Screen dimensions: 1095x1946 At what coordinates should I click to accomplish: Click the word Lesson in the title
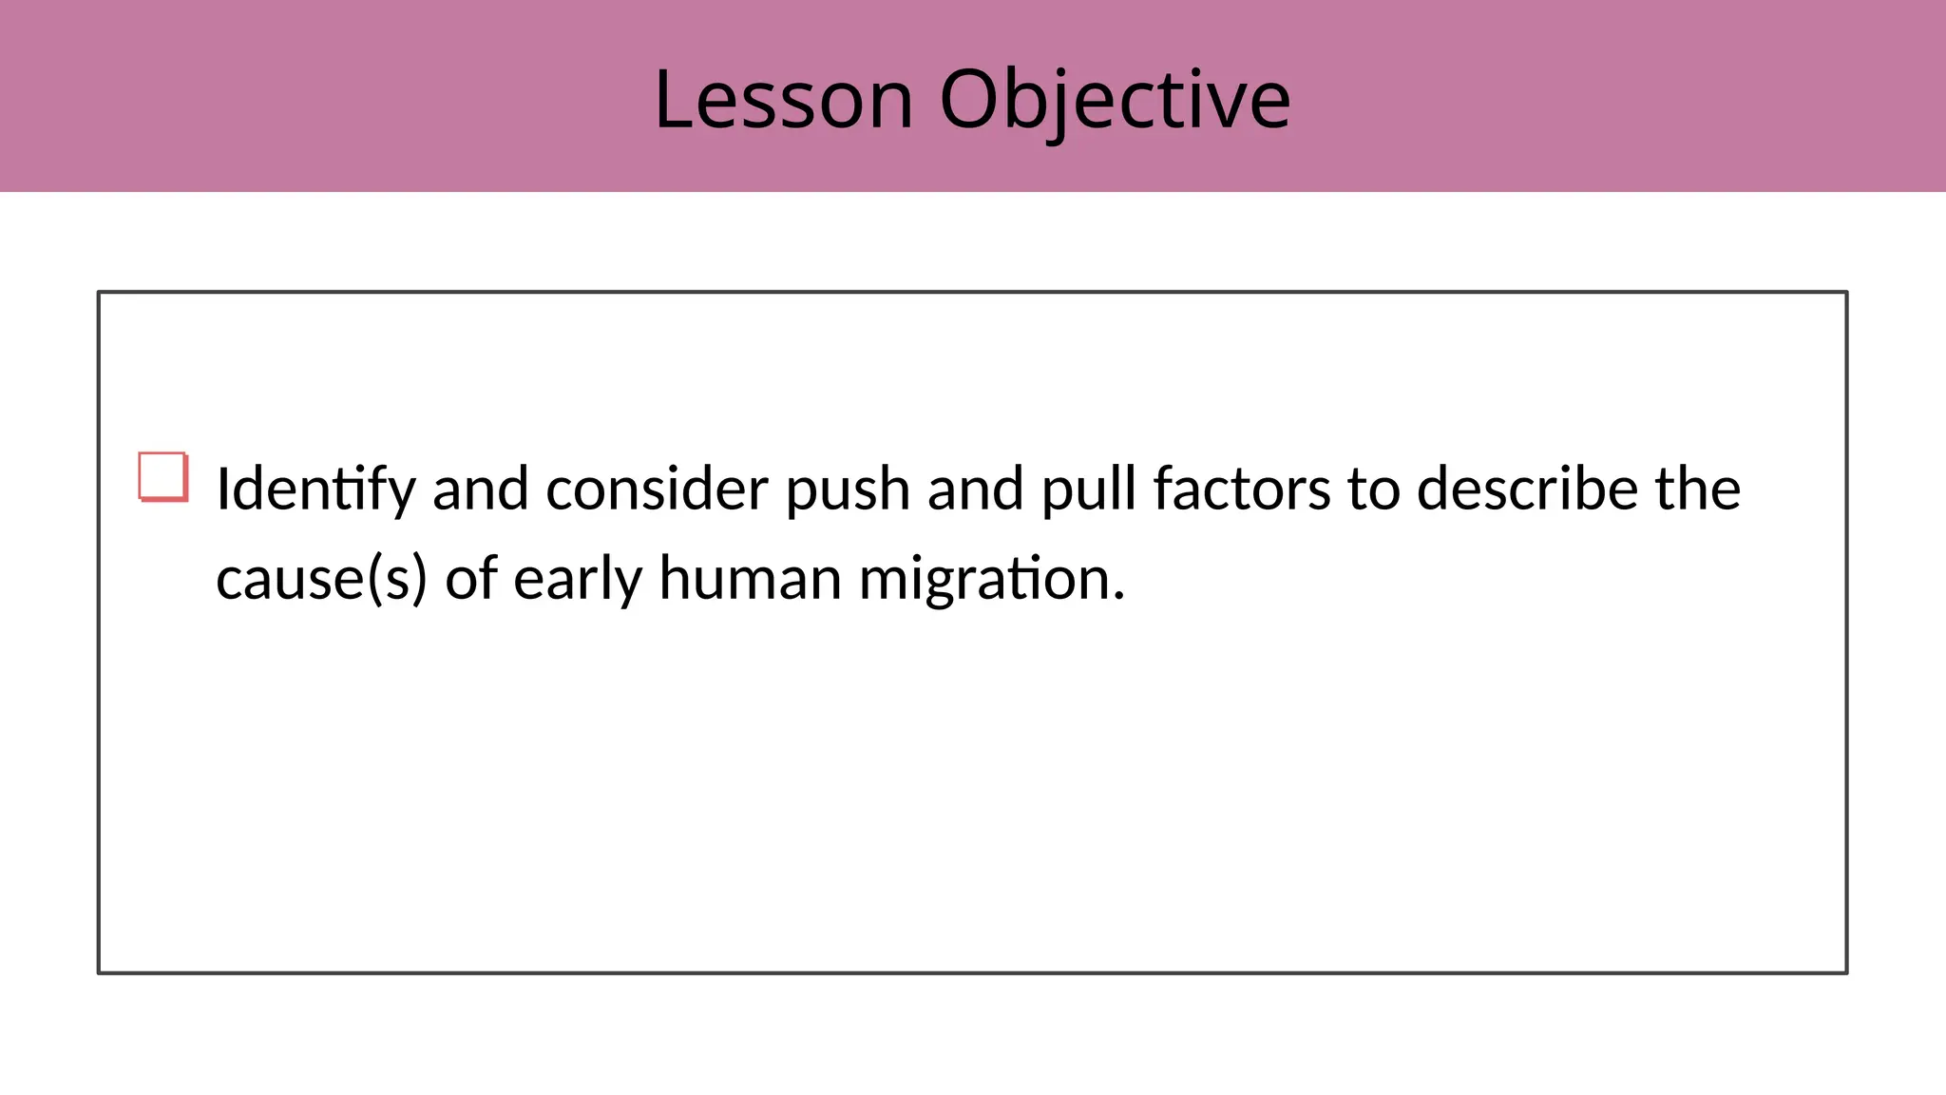click(x=784, y=99)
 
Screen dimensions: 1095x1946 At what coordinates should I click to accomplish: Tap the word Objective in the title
click(x=1116, y=99)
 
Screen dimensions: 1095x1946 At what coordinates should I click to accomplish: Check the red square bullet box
click(x=162, y=476)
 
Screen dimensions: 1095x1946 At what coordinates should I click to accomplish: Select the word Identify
click(x=315, y=490)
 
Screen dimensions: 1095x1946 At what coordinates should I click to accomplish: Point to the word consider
click(x=657, y=490)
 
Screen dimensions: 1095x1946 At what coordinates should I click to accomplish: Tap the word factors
click(x=1242, y=490)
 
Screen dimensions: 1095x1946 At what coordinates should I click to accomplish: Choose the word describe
click(x=1527, y=490)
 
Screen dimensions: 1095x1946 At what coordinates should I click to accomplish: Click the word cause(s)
click(x=321, y=579)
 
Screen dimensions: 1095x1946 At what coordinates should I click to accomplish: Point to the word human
click(x=751, y=579)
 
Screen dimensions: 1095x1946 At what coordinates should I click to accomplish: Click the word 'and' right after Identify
click(x=480, y=490)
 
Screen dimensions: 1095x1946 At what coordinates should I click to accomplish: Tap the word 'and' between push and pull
click(x=975, y=490)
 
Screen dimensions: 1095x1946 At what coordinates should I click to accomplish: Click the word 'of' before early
click(x=471, y=579)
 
